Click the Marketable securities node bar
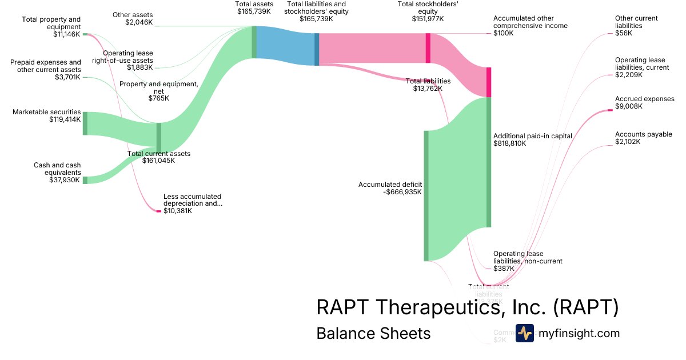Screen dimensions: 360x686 point(85,123)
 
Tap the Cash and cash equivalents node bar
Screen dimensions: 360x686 point(85,180)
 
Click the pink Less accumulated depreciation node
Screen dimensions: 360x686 point(159,211)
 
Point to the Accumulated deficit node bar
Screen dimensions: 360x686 point(426,195)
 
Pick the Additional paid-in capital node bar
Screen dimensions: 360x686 point(489,162)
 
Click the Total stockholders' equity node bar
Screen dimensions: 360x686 point(428,48)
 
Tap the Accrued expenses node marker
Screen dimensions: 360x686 point(609,110)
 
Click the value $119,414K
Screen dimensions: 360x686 point(65,120)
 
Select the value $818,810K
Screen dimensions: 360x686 point(509,143)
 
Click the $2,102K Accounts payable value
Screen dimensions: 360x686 point(628,142)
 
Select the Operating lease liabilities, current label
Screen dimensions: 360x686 point(640,63)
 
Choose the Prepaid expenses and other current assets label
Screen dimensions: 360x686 point(46,66)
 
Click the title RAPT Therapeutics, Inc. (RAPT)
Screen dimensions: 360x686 point(467,307)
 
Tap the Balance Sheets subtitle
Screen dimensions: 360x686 point(373,333)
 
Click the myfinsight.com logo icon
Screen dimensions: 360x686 point(524,333)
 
